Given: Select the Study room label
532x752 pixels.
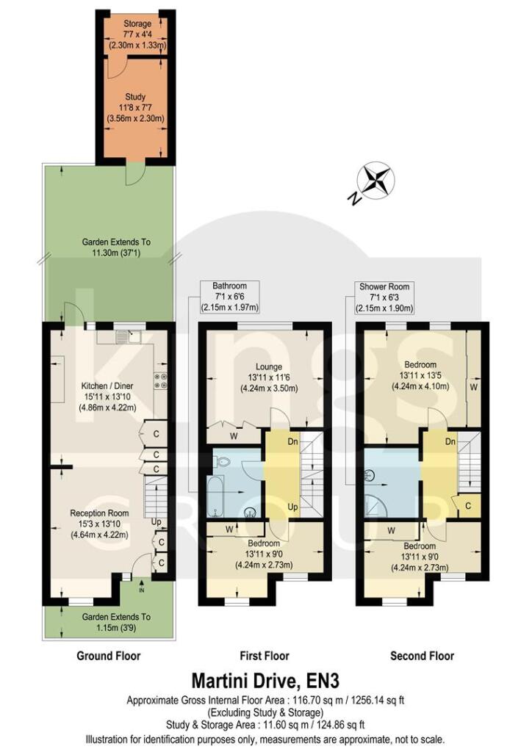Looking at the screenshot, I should [x=136, y=97].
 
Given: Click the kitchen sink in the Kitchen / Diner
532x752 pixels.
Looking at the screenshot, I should [x=132, y=338].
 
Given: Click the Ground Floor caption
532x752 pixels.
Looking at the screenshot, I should [x=109, y=656].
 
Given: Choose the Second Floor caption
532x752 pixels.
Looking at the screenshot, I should [x=422, y=656].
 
